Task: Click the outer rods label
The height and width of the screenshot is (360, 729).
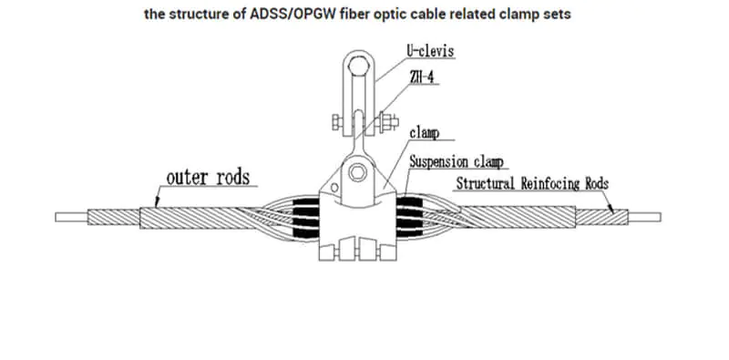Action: point(208,175)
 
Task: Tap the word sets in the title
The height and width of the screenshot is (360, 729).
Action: point(555,15)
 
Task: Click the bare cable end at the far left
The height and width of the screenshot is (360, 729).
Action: point(71,218)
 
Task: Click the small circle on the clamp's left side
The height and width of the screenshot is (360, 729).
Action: point(334,188)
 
